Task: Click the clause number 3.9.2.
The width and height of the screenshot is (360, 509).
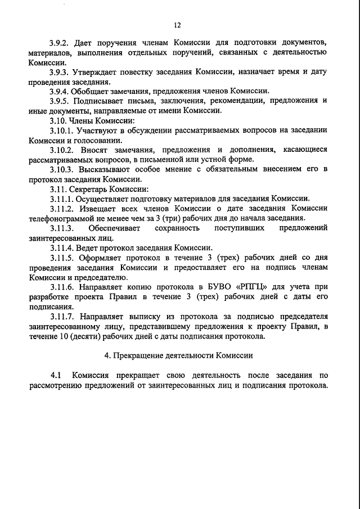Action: [59, 43]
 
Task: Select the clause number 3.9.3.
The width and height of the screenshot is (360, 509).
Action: [59, 73]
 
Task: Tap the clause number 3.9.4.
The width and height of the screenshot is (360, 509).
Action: [59, 92]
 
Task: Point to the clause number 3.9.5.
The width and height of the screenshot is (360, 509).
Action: [59, 101]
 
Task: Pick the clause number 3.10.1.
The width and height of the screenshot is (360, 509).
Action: [61, 130]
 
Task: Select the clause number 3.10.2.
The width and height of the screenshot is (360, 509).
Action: [61, 150]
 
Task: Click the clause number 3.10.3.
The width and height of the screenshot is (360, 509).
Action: [61, 169]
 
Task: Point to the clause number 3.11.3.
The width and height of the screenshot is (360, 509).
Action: [61, 228]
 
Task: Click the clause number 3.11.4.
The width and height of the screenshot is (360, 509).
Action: [61, 247]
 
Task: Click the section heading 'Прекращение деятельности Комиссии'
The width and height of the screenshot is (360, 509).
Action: [183, 355]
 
